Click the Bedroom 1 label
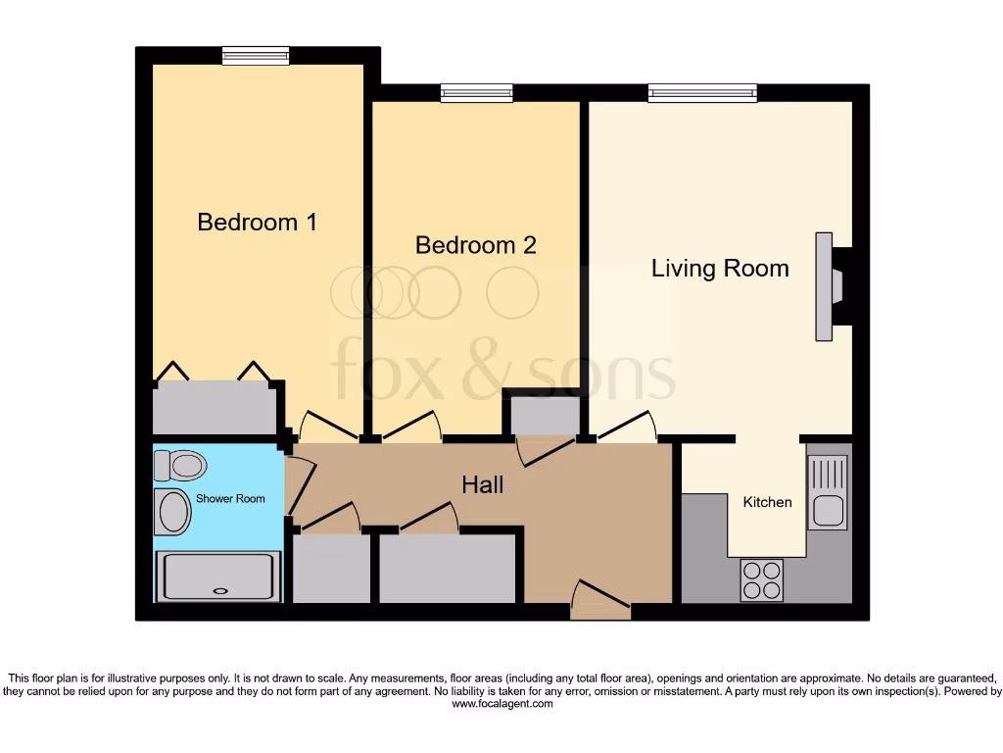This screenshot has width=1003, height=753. coord(257,223)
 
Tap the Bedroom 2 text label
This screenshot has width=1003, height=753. coord(475,245)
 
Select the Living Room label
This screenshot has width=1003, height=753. coord(720,269)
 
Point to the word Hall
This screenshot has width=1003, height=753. coord(482,484)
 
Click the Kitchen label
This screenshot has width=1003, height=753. coord(767,502)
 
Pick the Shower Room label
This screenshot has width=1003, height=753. coord(230,498)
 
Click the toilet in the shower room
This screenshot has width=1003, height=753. coord(176,463)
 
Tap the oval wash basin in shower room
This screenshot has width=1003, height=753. coord(173,512)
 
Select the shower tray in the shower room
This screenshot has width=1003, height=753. coord(217,576)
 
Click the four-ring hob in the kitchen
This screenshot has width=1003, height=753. coord(761,578)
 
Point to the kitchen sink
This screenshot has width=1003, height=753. coord(827,493)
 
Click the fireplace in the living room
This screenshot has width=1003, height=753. coord(831,286)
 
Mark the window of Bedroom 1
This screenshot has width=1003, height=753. coord(255,57)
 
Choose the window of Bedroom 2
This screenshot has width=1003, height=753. coord(476,93)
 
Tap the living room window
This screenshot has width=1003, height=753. coord(702,93)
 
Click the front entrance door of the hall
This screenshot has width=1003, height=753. coord(600,600)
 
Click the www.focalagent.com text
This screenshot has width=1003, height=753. coord(501,704)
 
